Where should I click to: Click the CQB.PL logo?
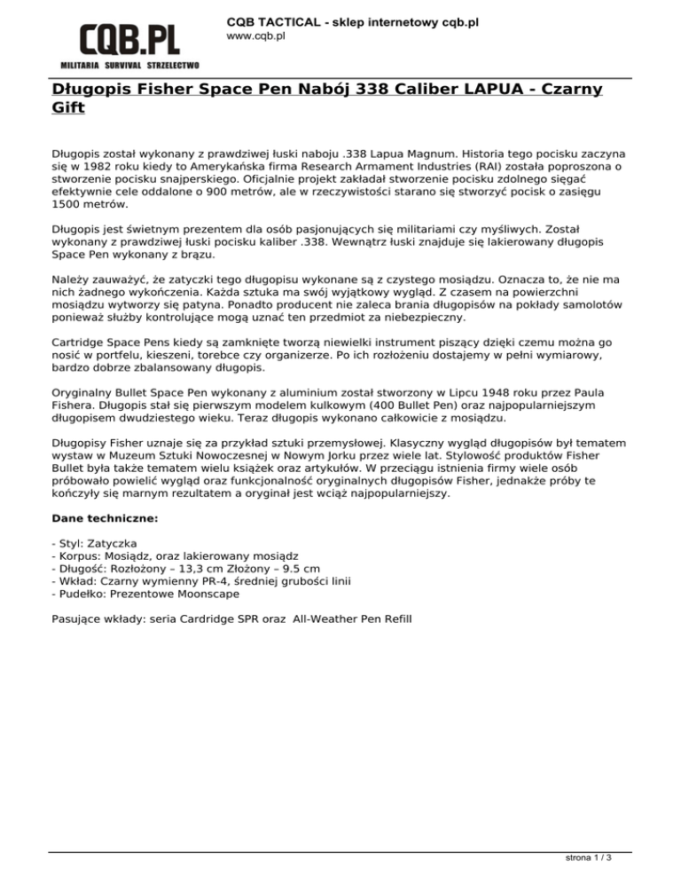(129, 40)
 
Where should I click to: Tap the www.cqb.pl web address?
(255, 36)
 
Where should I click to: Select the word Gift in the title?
(67, 108)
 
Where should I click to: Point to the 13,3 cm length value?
(220, 567)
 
